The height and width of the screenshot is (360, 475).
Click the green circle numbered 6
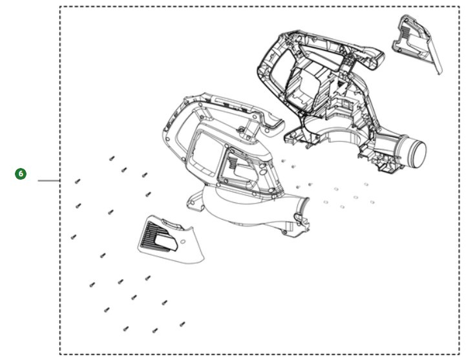click(x=21, y=174)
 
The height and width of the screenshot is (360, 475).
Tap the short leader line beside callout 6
click(x=48, y=180)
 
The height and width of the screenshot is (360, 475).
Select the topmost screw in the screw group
click(x=112, y=158)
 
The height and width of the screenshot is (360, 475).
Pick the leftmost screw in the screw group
click(x=73, y=237)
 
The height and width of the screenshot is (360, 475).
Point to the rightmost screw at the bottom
click(x=182, y=324)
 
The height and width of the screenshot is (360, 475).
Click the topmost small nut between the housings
click(x=283, y=160)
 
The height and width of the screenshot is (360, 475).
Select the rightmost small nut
click(x=372, y=202)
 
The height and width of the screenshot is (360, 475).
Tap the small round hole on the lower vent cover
click(x=183, y=242)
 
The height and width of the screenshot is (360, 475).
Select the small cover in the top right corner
click(x=417, y=43)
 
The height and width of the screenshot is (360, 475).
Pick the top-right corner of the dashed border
click(x=459, y=6)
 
